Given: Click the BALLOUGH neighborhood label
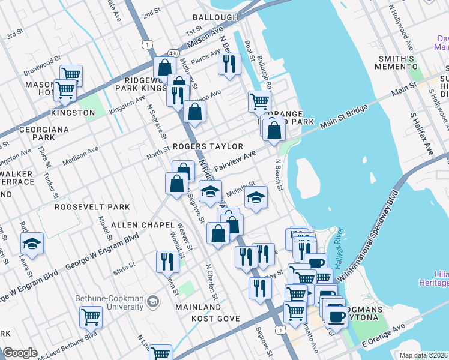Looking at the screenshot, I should (215, 17).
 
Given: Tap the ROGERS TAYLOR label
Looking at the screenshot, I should (208, 146).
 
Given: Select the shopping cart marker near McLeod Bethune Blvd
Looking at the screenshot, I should (91, 316).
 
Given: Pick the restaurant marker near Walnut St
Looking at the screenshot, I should (167, 261).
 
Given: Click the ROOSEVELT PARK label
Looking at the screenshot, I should (92, 207).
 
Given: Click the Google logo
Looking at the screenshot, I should (20, 353).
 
